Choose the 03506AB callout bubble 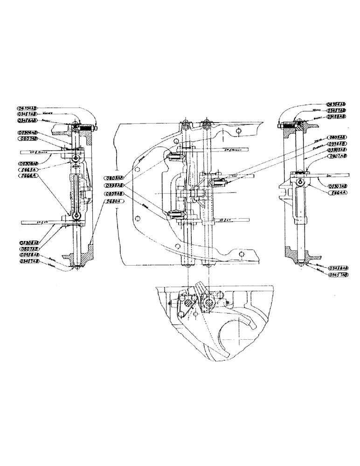point(28,132)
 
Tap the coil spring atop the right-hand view point(290,125)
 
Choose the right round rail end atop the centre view point(206,125)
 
